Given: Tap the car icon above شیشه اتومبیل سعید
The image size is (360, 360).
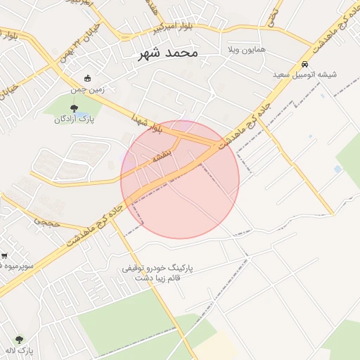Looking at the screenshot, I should (304, 63).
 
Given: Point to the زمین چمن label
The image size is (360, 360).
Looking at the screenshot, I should (87, 89).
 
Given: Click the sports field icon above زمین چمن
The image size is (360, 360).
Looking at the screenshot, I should (87, 79).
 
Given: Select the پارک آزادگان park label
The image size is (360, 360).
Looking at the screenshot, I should (75, 119).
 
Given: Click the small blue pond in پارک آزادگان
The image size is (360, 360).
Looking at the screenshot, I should (82, 114).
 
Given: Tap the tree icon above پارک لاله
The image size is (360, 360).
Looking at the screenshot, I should (19, 340).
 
